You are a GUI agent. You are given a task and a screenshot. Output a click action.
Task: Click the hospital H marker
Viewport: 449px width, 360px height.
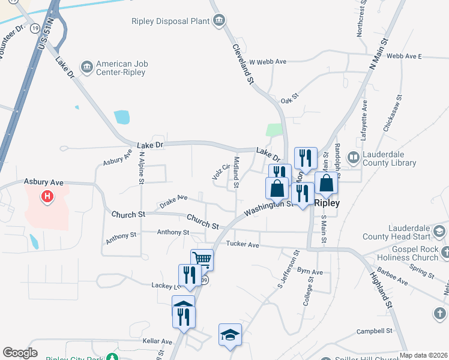coord(46,196)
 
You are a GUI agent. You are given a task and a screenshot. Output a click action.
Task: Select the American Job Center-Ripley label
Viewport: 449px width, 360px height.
coord(122,68)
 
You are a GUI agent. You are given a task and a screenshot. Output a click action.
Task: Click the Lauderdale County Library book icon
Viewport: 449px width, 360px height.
coord(354,158)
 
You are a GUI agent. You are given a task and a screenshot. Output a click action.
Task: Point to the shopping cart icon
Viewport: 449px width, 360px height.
coord(202,259)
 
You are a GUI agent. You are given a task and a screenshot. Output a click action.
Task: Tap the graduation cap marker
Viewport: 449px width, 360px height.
coord(230,334)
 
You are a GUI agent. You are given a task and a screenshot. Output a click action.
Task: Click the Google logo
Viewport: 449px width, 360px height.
coord(20,352)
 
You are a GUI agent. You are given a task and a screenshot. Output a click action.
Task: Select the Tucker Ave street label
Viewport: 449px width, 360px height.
coord(243,244)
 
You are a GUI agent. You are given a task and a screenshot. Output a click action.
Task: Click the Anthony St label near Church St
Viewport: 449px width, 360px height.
coord(173,232)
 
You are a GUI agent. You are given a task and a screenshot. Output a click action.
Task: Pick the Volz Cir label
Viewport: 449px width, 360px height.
coord(221,172)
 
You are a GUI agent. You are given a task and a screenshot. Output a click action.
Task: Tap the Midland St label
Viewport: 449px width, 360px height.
coord(236,172)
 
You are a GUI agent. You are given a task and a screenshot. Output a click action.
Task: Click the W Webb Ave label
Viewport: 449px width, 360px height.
coord(268,61)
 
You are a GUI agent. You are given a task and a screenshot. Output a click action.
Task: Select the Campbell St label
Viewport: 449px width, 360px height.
coord(374,331)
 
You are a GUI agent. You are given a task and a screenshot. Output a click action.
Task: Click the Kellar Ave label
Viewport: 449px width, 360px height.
coord(157,341)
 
